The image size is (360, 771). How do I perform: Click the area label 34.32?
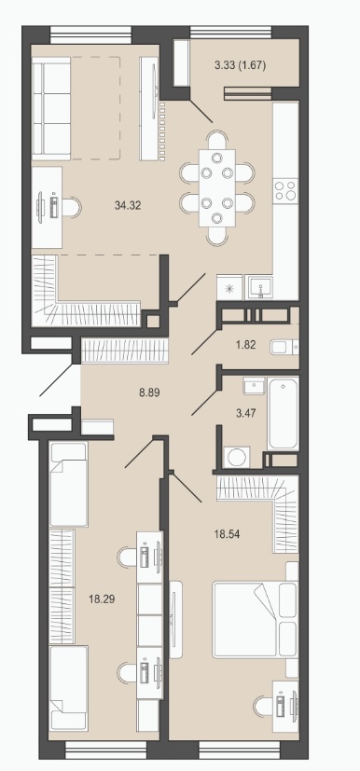[x=128, y=206]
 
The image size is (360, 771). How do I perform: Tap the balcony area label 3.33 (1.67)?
[x=240, y=65]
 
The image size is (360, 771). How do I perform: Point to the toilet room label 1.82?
[x=245, y=345]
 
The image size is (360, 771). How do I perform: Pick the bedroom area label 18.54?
[x=227, y=533]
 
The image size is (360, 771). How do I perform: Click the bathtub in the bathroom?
[x=284, y=413]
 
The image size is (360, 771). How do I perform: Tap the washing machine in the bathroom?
[x=237, y=458]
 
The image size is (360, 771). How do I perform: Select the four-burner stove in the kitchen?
[x=285, y=190]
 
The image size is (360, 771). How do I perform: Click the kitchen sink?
[x=258, y=287]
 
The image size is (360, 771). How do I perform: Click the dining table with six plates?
[x=217, y=187]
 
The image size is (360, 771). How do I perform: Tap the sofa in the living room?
[x=51, y=108]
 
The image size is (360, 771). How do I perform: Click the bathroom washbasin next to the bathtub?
[x=255, y=386]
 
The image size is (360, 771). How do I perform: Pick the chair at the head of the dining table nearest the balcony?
[x=217, y=140]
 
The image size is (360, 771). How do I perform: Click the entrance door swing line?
[x=60, y=379]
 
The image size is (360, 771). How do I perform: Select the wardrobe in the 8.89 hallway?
[x=125, y=351]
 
